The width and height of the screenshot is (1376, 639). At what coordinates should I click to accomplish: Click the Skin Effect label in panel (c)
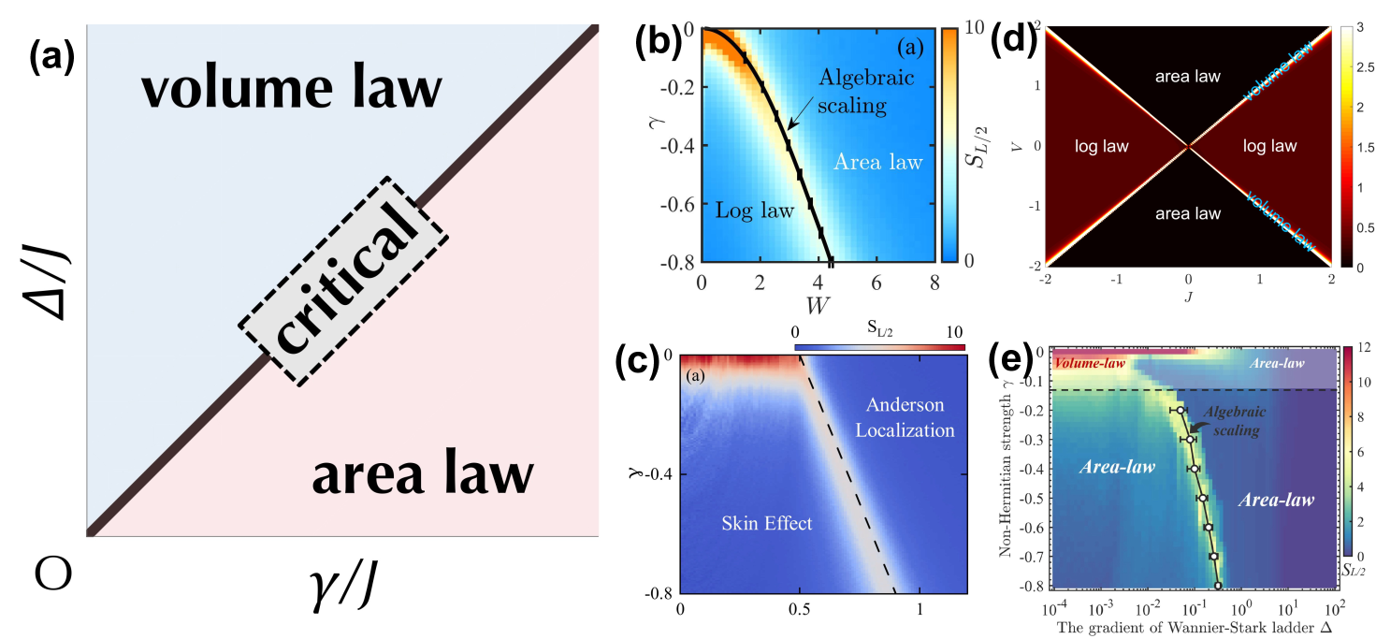click(767, 523)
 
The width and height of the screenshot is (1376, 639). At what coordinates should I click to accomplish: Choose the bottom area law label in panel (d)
click(1187, 213)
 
